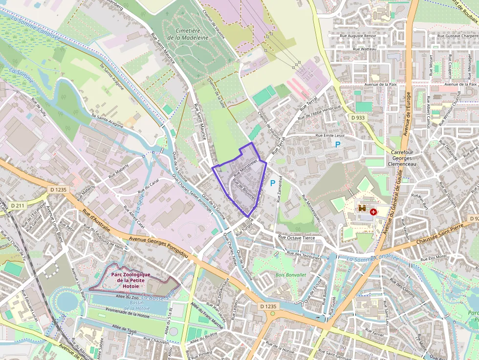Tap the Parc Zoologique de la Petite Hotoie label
pos(131,280)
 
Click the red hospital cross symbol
pos(373,212)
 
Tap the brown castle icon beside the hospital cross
pos(362,208)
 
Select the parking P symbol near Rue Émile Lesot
pos(337,144)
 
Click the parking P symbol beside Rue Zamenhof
pos(273,183)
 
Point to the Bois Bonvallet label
pos(290,275)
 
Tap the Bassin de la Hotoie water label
pos(140,306)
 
